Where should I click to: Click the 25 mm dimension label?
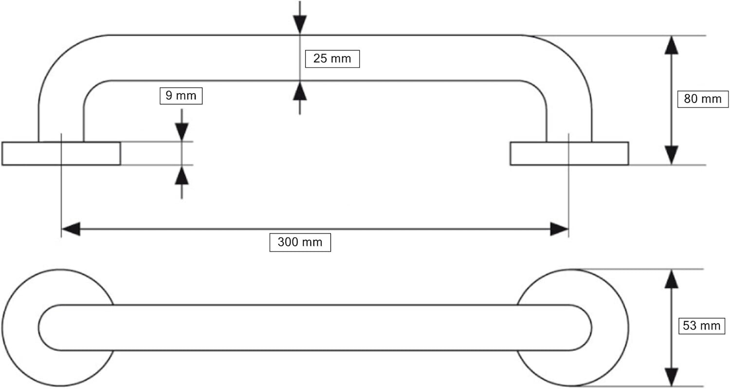click(x=332, y=59)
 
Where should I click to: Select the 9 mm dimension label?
click(x=181, y=96)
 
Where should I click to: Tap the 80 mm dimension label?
click(x=703, y=99)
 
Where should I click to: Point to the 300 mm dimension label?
click(x=300, y=242)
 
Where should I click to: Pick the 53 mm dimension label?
click(x=702, y=325)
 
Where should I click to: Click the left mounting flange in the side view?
click(x=61, y=154)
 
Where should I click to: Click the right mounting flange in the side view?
click(x=569, y=154)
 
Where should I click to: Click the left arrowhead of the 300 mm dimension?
click(x=71, y=229)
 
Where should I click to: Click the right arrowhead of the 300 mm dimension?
click(x=559, y=229)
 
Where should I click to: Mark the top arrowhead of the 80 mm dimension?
click(x=671, y=45)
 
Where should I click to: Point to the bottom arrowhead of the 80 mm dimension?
click(x=671, y=155)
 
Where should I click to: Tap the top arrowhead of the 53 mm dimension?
click(x=671, y=279)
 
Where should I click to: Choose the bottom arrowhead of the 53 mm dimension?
click(x=671, y=377)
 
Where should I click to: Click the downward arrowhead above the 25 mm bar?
click(x=300, y=25)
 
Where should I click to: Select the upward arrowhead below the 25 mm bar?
click(x=300, y=91)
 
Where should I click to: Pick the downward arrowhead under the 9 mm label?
click(x=182, y=132)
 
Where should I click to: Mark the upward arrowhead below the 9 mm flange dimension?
click(x=182, y=175)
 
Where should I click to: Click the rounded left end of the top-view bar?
click(x=39, y=328)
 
